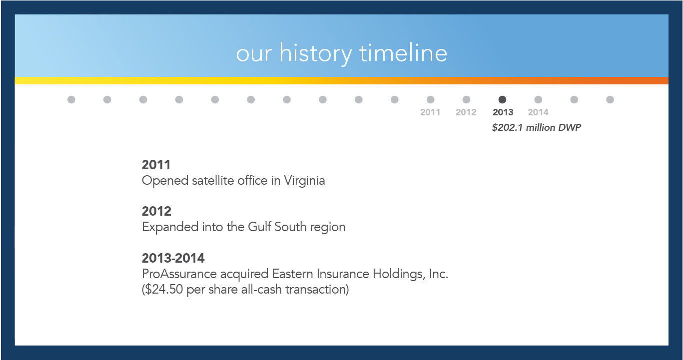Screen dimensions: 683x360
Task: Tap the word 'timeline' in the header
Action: tap(403, 52)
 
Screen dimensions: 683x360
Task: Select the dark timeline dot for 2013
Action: tap(502, 100)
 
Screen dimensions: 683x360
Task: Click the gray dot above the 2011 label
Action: tap(430, 100)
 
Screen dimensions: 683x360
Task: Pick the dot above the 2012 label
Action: tap(466, 100)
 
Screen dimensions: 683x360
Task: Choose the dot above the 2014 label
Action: tap(538, 100)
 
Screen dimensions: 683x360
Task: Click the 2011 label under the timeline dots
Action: tap(430, 112)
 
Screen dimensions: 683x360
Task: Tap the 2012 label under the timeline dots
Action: tap(466, 112)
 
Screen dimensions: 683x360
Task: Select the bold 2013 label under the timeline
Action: tap(503, 112)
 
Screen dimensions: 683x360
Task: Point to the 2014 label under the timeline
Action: tap(538, 112)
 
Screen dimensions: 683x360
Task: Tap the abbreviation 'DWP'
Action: tap(569, 127)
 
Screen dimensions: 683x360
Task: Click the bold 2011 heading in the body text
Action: tap(156, 165)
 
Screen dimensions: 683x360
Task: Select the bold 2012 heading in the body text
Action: tap(157, 211)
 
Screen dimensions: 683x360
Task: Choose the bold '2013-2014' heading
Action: tap(173, 258)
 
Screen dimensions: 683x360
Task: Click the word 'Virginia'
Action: tap(304, 181)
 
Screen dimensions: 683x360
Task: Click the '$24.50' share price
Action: tap(164, 290)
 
